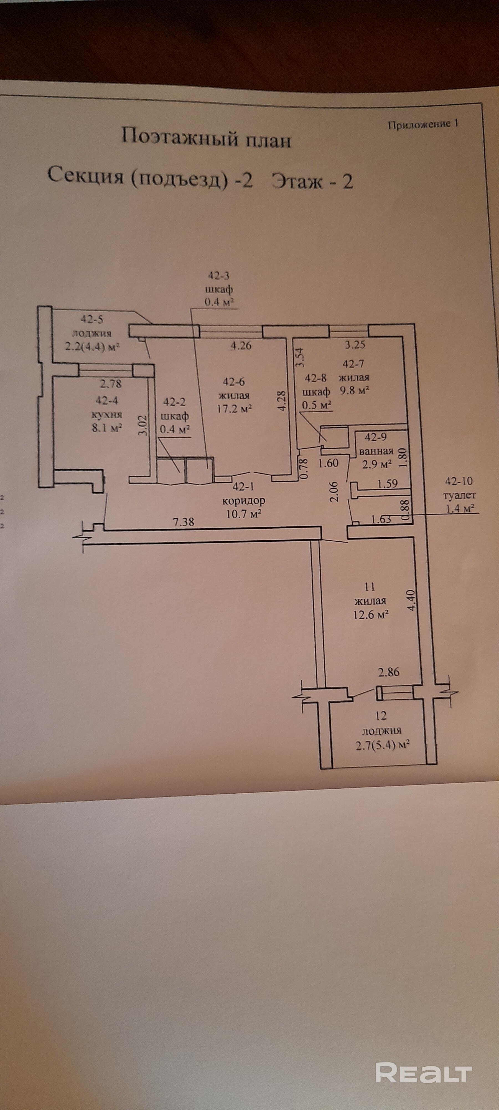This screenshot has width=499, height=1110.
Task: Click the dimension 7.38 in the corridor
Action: coord(184,522)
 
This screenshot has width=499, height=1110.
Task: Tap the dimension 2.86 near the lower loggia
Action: coord(389,672)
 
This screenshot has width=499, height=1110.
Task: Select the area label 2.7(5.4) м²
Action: coord(382,745)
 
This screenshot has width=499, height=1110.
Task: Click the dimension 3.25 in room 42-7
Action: coord(355,344)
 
